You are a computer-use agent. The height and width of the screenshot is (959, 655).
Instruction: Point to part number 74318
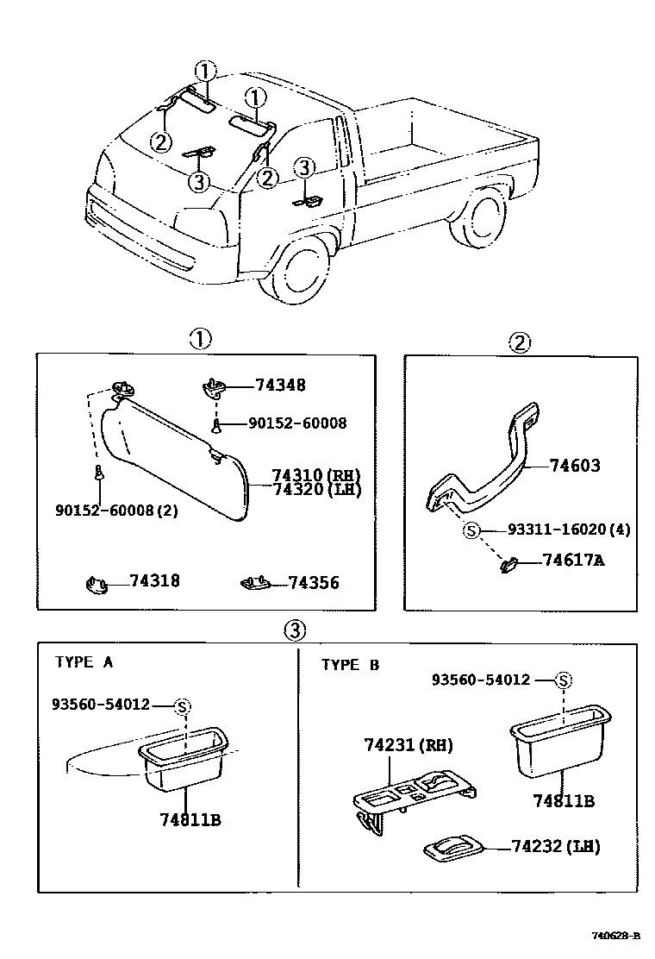point(155,581)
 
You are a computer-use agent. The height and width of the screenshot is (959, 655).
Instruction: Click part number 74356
point(313,583)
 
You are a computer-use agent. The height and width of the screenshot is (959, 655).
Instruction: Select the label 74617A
point(573,561)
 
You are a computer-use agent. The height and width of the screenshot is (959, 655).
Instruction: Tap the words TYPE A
point(84,662)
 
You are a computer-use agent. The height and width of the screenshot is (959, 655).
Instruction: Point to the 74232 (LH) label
point(554,846)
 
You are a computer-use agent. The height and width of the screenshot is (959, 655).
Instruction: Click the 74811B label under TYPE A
point(190,819)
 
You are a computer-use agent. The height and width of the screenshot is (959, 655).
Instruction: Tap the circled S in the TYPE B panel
point(563,680)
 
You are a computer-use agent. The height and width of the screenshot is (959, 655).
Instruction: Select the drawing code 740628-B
point(614,936)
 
